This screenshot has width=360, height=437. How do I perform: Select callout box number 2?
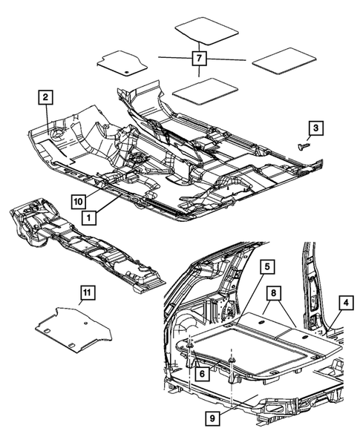(x=45, y=96)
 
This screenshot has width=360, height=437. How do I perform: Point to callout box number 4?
(x=345, y=302)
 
